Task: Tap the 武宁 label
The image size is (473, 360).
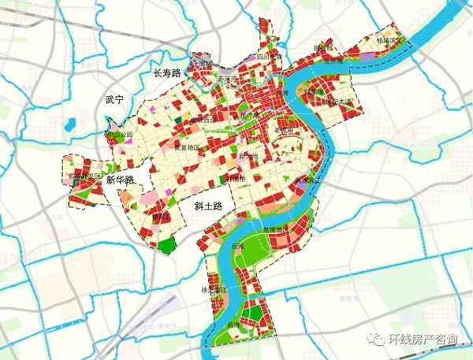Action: pos(115,101)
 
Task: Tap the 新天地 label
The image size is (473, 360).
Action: pos(250,155)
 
